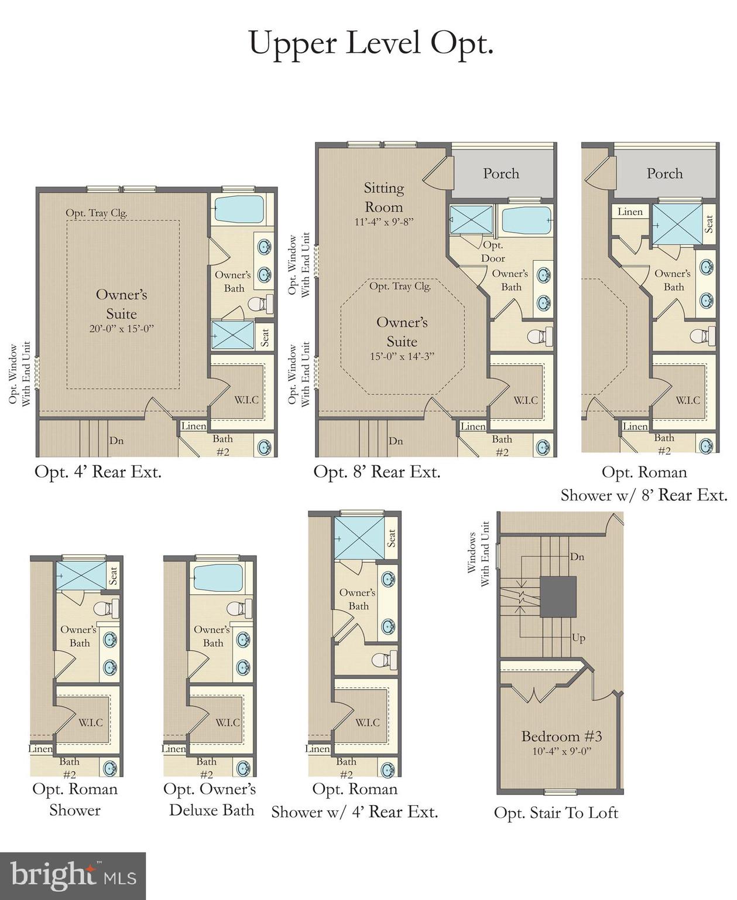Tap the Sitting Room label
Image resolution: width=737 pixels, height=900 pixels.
point(383,197)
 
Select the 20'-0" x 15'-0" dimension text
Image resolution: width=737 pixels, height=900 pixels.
point(121,329)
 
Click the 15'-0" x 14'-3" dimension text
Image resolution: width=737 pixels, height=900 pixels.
point(402,356)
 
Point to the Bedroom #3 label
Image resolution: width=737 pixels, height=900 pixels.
point(561,737)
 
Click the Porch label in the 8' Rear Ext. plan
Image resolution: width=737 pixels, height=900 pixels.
point(501,173)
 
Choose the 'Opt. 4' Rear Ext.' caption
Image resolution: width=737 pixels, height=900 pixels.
point(98,472)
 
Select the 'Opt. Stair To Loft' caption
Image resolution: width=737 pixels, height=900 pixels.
point(556,813)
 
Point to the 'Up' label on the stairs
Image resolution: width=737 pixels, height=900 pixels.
point(578,638)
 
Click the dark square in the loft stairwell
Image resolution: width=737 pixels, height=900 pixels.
point(557,596)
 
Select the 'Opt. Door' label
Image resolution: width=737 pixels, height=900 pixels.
point(493,251)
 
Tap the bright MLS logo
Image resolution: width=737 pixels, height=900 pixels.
point(73,876)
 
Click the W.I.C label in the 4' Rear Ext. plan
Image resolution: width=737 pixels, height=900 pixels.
point(246,400)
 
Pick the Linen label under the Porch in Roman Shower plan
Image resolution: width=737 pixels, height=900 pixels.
point(630,212)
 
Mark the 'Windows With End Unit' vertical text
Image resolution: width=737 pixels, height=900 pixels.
point(478,554)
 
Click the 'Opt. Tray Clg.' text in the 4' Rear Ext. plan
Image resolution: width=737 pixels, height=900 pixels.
point(96,213)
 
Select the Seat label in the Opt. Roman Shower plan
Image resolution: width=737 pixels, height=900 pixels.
point(113,575)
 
